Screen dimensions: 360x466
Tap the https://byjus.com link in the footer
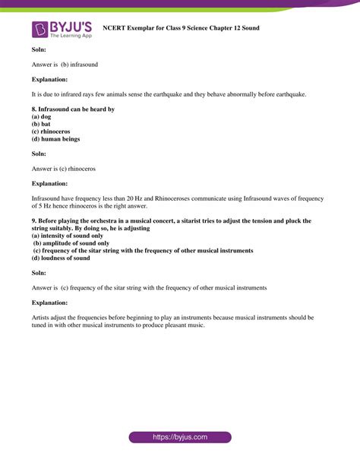pyautogui.click(x=179, y=438)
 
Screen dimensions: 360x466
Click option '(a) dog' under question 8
pyautogui.click(x=42, y=117)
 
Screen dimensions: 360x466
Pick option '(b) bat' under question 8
pyautogui.click(x=41, y=125)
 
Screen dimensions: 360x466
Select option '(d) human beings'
pyautogui.click(x=55, y=139)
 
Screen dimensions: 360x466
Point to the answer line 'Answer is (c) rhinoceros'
pyautogui.click(x=64, y=168)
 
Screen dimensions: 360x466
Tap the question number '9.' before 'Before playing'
pyautogui.click(x=35, y=220)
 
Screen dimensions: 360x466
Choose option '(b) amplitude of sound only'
pyautogui.click(x=71, y=243)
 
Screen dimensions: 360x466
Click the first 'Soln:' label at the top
pyautogui.click(x=39, y=49)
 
